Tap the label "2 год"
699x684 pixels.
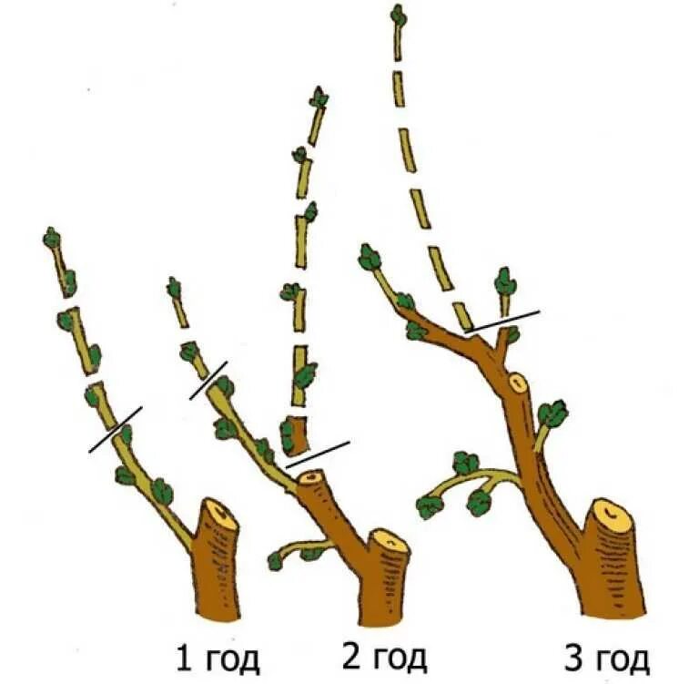tap(385, 656)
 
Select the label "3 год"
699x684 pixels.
tap(607, 658)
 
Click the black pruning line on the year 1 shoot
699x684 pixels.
tap(115, 429)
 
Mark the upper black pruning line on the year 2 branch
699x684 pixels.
tap(208, 380)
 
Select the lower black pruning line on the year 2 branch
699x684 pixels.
tap(318, 454)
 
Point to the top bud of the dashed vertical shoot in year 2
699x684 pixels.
tap(319, 97)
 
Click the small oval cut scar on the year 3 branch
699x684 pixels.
tap(518, 383)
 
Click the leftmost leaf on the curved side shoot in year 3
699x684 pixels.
tap(428, 506)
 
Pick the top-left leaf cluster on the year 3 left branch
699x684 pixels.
tap(370, 258)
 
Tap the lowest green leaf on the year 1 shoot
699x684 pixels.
tap(161, 492)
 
